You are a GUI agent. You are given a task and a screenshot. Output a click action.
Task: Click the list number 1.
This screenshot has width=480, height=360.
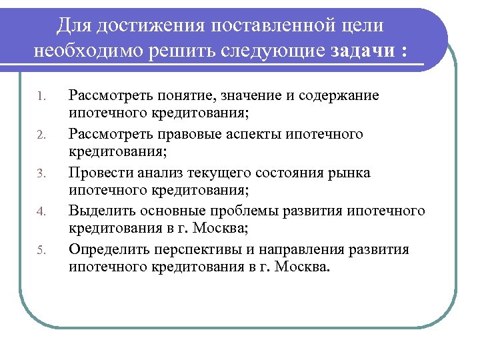pos(40,97)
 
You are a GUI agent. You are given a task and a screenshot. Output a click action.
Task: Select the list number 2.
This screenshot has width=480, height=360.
pos(40,136)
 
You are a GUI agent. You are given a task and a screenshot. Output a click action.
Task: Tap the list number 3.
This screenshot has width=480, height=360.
pos(40,175)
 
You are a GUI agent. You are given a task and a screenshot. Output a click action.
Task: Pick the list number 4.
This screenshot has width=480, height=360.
pos(40,213)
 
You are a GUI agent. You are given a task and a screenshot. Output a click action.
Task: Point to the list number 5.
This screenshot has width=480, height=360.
pos(40,251)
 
